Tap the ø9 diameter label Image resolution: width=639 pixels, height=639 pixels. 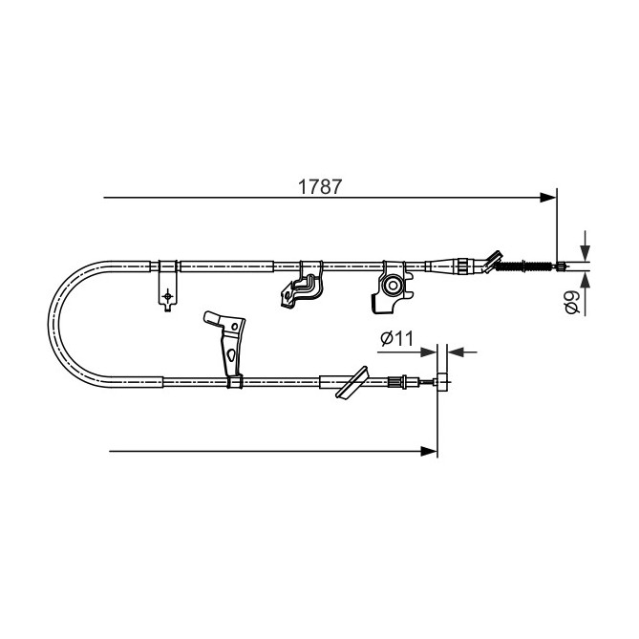(x=570, y=303)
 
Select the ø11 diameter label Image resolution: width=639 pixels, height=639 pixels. (x=395, y=338)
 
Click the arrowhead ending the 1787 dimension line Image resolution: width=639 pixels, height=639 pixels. (x=548, y=198)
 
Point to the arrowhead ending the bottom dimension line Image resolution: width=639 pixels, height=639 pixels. (x=430, y=450)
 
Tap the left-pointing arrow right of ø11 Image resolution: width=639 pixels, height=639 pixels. (x=454, y=351)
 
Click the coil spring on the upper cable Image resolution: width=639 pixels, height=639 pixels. (x=524, y=266)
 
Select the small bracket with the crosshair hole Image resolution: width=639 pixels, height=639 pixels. (x=168, y=296)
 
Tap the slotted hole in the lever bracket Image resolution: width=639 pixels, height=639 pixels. (x=232, y=356)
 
